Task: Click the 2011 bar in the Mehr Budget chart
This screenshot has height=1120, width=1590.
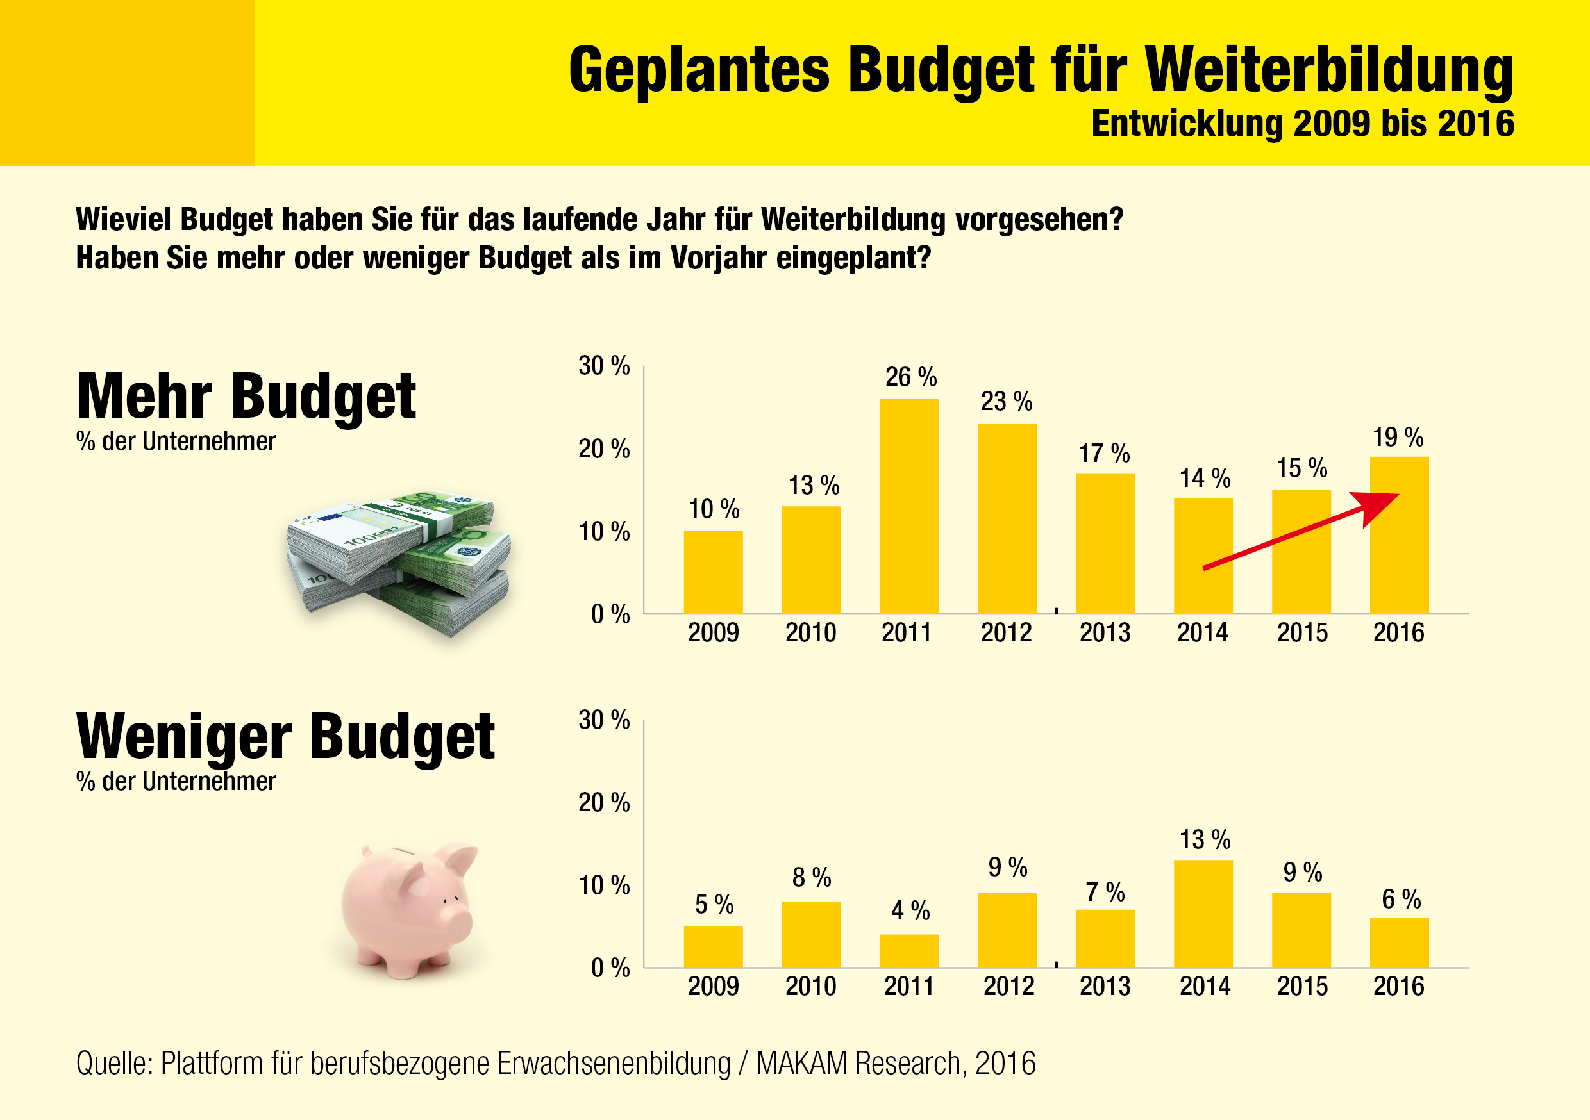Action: (x=909, y=506)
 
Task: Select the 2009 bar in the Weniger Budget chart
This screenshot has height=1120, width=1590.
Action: (x=714, y=946)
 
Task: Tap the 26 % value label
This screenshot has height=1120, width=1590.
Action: (x=910, y=377)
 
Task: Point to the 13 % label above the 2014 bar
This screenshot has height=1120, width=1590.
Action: (x=1205, y=839)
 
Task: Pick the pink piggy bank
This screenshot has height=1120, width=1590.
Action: (x=408, y=907)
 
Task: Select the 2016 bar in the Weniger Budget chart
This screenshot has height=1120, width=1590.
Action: (x=1399, y=942)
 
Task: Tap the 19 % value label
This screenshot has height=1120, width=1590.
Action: (x=1398, y=438)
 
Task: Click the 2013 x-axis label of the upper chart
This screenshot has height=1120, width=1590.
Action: (x=1105, y=632)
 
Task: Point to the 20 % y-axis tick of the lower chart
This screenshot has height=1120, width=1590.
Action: (x=604, y=803)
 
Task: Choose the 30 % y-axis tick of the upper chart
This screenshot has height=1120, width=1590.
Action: (x=604, y=365)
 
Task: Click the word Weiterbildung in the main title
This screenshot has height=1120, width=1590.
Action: (x=1330, y=69)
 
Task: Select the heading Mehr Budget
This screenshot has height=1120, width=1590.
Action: (x=247, y=397)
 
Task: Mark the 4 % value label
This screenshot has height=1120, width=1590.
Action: (x=910, y=910)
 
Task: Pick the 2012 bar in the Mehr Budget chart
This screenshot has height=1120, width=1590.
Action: (x=1007, y=518)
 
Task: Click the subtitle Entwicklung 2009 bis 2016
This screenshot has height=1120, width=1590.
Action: (x=1303, y=124)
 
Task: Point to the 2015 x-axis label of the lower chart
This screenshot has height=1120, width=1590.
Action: (x=1302, y=986)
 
